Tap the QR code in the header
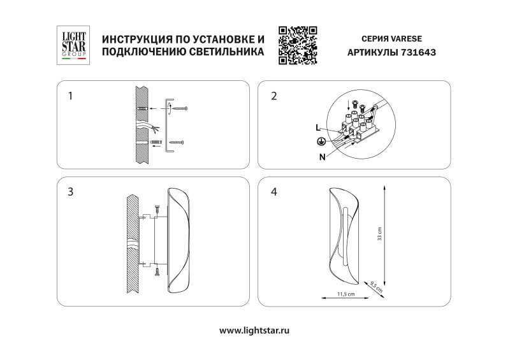pyautogui.click(x=298, y=45)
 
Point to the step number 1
pyautogui.click(x=71, y=97)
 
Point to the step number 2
pyautogui.click(x=274, y=97)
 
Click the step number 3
pyautogui.click(x=71, y=191)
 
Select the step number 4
pyautogui.click(x=274, y=191)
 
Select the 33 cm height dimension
pyautogui.click(x=379, y=234)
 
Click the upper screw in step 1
pyautogui.click(x=182, y=110)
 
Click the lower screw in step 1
pyautogui.click(x=177, y=141)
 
